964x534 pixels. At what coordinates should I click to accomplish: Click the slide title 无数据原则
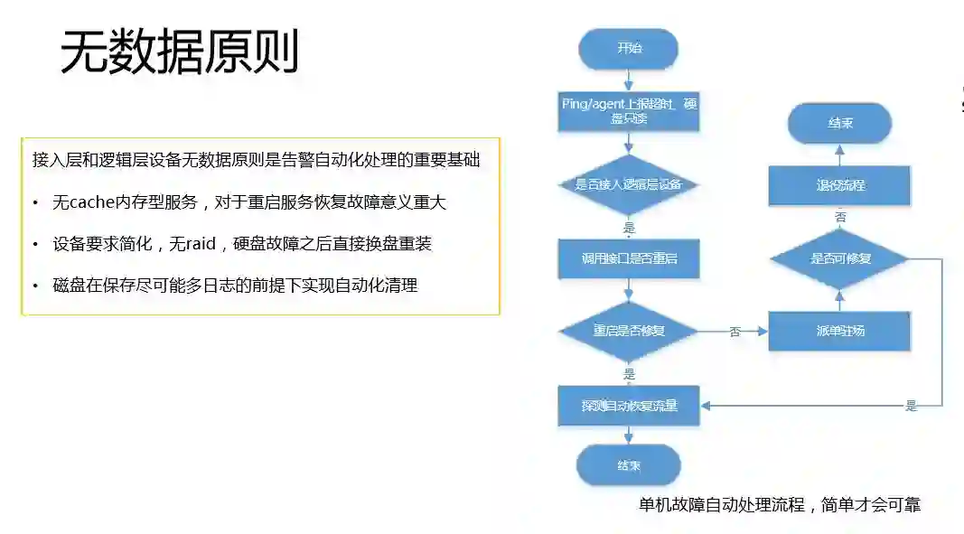click(179, 52)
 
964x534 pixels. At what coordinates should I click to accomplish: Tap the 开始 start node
click(629, 49)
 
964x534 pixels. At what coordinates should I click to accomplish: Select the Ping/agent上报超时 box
click(629, 111)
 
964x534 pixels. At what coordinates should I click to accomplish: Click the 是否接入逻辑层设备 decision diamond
click(629, 184)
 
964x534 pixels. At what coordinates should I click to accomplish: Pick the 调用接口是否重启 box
click(629, 259)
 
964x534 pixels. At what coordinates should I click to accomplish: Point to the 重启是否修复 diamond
click(629, 331)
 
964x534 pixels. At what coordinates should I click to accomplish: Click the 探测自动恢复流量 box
click(629, 406)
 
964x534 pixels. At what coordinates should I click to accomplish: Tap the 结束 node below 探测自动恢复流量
click(629, 466)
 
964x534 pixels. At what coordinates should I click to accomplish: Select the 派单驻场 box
click(839, 331)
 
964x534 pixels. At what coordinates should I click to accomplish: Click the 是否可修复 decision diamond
click(839, 259)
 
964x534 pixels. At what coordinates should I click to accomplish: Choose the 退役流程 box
click(839, 185)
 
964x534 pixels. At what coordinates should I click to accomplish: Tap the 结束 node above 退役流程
click(839, 123)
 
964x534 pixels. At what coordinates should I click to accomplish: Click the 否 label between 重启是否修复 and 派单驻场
click(735, 332)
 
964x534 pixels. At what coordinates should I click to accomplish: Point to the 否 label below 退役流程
click(840, 218)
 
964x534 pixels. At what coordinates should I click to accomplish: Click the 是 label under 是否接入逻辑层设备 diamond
click(629, 229)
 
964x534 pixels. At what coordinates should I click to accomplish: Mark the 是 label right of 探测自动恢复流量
click(911, 407)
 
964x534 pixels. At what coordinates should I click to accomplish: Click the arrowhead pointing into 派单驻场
click(763, 331)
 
